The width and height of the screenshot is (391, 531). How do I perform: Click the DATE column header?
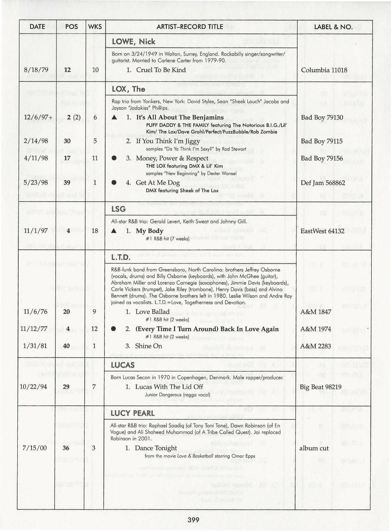click(37, 27)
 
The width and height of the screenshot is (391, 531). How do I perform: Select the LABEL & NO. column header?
click(333, 27)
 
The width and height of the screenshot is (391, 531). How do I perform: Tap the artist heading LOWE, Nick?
click(133, 42)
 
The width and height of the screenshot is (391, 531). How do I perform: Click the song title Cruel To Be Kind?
click(161, 70)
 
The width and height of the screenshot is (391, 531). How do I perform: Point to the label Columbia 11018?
click(324, 70)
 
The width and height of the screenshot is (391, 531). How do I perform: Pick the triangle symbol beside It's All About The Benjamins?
click(115, 117)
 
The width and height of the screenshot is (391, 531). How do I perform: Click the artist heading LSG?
click(118, 209)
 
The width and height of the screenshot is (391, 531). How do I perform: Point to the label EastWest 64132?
click(322, 231)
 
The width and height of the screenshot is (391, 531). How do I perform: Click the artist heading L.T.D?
click(120, 258)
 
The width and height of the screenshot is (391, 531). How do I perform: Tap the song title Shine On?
click(148, 346)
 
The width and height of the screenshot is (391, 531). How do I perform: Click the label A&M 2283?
click(315, 346)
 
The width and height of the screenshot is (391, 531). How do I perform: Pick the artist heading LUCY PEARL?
click(132, 413)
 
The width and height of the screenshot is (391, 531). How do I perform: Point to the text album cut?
click(314, 448)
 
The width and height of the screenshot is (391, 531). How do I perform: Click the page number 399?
click(193, 520)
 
